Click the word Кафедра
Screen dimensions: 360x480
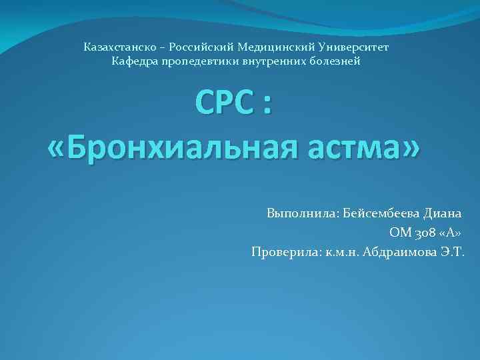tap(135, 61)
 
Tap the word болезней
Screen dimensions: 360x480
tap(336, 61)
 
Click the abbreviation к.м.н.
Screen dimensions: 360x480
tap(340, 252)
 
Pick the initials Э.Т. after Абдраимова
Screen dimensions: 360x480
tap(451, 252)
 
